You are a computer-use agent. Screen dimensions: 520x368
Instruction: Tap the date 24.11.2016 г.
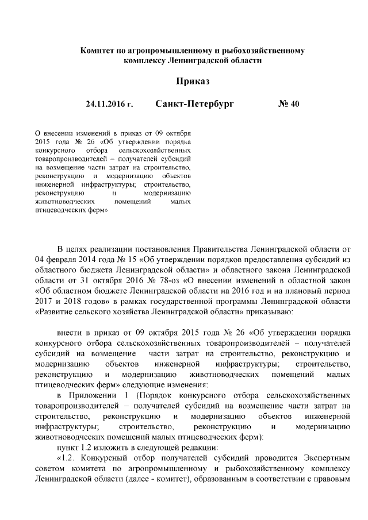tap(109, 105)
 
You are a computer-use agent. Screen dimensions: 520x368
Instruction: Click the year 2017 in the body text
tap(45, 301)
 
